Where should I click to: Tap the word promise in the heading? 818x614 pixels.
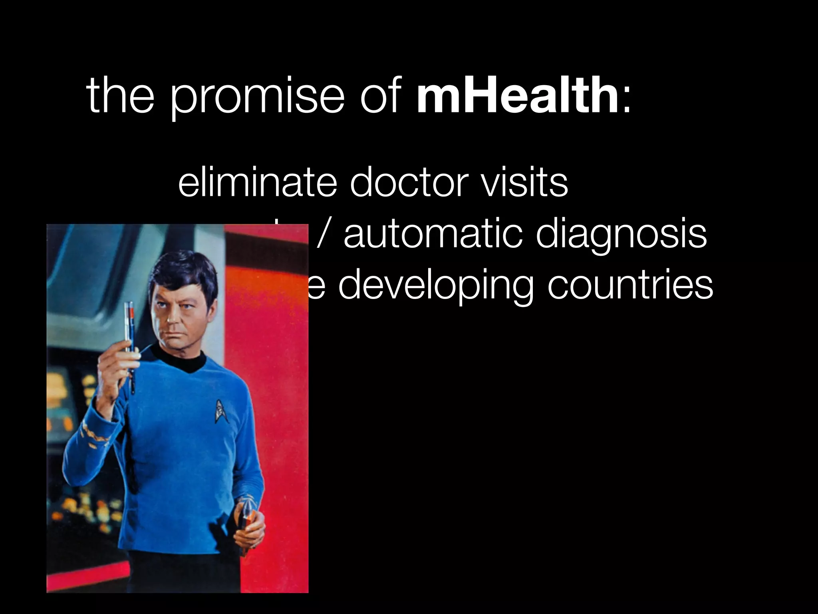[257, 100]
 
